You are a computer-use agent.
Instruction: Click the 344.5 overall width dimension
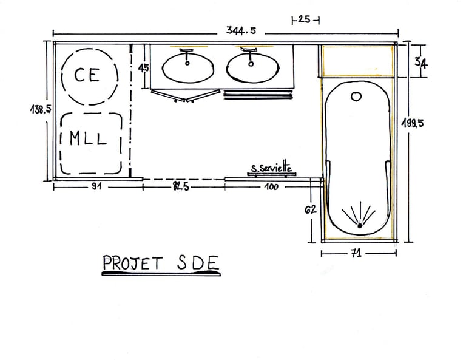[x=238, y=30]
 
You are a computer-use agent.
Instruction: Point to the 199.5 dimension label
[x=412, y=123]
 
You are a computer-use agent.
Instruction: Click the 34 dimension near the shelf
[x=420, y=62]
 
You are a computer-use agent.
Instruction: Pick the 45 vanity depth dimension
[x=144, y=68]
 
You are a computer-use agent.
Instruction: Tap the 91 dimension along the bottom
[x=95, y=187]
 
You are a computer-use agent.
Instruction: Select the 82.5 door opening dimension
[x=181, y=187]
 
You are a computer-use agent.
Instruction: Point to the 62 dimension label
[x=310, y=209]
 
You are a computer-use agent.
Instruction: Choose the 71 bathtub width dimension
[x=356, y=254]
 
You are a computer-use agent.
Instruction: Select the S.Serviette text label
[x=272, y=168]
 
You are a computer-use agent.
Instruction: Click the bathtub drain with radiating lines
[x=360, y=225]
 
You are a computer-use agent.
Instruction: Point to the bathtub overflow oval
[x=357, y=96]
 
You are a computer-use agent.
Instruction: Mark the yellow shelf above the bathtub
[x=357, y=61]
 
